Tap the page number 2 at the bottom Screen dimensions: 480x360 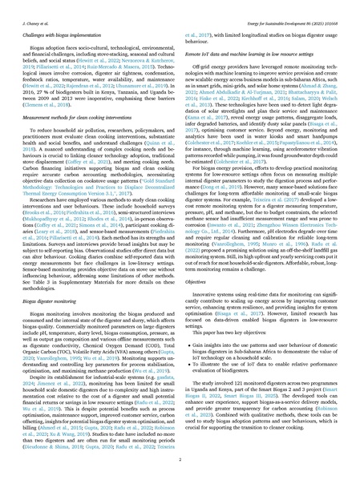(x=180, y=462)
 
